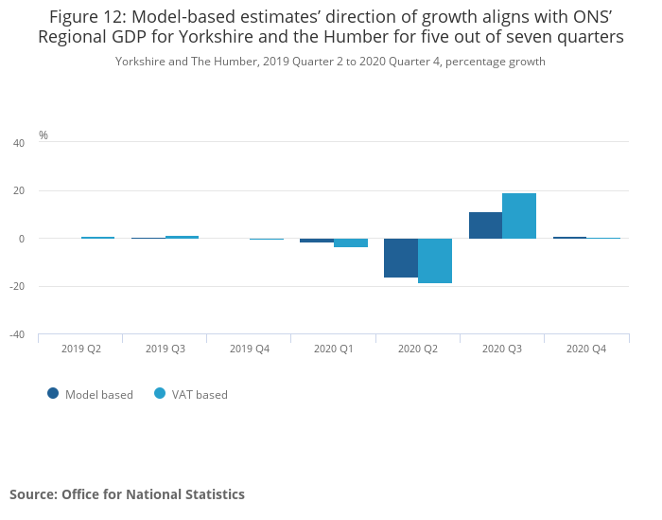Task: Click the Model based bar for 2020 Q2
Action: (x=401, y=258)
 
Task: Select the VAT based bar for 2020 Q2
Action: (x=435, y=260)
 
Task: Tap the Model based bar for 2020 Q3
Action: (x=485, y=225)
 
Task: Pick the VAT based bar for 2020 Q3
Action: (x=519, y=216)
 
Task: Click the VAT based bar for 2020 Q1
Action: (x=351, y=242)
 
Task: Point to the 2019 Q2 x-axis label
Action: (x=81, y=349)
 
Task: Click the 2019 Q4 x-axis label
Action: (x=250, y=349)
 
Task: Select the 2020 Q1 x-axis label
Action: (x=334, y=349)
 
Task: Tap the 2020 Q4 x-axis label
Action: (x=586, y=349)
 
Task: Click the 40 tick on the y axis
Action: (x=19, y=143)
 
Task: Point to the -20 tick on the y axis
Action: (x=17, y=286)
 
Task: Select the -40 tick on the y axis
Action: (x=17, y=334)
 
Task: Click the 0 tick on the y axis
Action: (x=22, y=239)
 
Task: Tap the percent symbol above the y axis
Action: (x=44, y=135)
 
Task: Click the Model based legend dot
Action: (x=53, y=394)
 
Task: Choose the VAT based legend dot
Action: (x=160, y=394)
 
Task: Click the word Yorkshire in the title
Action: (x=215, y=37)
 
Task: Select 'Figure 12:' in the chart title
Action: (x=88, y=17)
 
